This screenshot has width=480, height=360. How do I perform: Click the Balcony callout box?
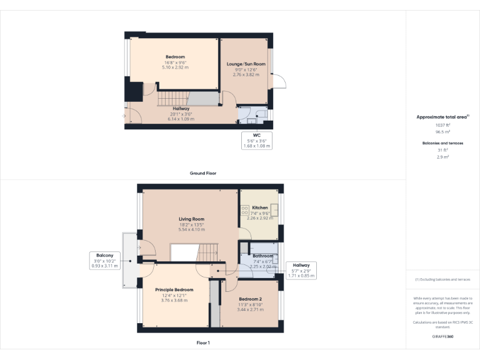click(105, 261)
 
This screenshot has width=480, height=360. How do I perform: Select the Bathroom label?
click(262, 256)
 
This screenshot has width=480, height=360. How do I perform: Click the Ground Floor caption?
click(203, 173)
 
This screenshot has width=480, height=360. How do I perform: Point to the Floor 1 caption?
click(203, 343)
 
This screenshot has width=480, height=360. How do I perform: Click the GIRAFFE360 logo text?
click(442, 337)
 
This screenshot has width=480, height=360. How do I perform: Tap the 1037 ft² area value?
click(442, 125)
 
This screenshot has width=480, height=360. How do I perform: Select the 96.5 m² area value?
click(442, 132)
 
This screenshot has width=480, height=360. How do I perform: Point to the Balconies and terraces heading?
click(442, 143)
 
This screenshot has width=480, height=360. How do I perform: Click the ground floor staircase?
click(171, 99)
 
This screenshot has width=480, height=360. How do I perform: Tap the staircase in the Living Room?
click(207, 253)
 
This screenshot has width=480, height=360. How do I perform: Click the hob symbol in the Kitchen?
click(245, 211)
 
